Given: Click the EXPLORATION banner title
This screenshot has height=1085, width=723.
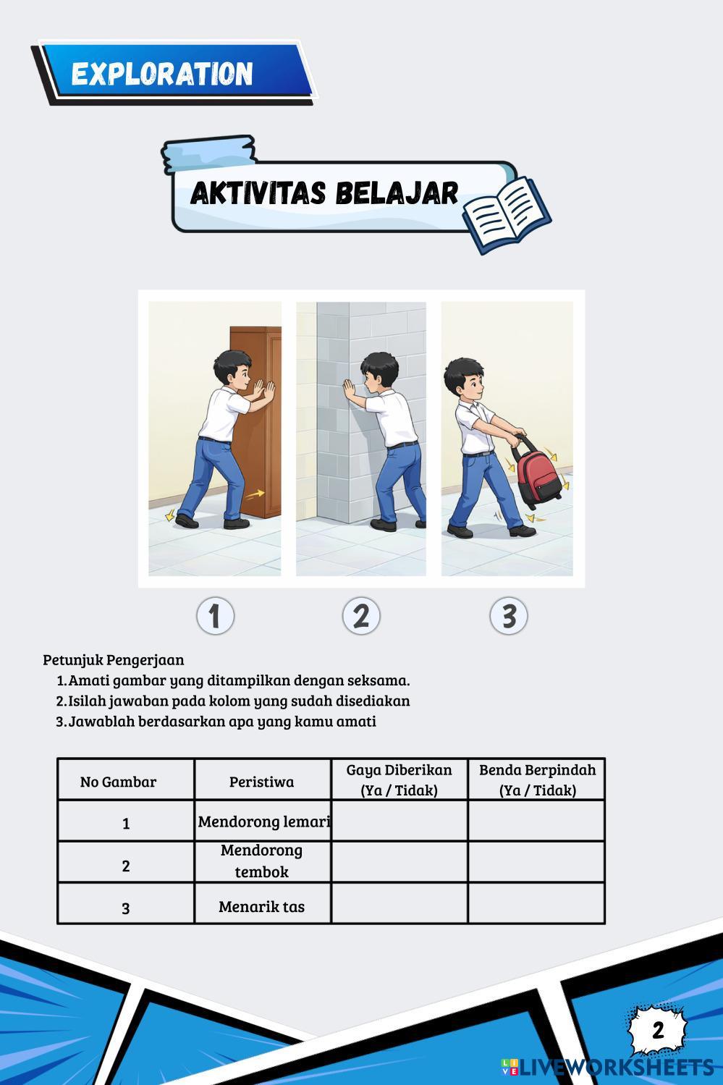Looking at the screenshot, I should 162,73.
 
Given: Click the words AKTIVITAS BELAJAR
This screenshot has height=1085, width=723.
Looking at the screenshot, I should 324,194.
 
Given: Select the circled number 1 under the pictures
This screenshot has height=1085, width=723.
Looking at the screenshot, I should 215,616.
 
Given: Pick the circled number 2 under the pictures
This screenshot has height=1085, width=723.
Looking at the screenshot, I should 361,616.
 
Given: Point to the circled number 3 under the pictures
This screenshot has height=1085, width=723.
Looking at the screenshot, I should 508,616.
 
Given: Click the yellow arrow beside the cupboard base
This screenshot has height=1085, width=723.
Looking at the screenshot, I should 255,495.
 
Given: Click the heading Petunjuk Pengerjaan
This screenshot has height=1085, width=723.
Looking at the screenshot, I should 114,659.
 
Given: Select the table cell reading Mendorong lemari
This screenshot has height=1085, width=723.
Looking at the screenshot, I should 263,822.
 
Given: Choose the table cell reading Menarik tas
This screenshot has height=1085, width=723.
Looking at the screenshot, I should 262,906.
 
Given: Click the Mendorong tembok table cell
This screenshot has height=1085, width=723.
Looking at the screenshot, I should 262,861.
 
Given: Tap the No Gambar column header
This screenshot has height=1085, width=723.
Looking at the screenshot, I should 118,782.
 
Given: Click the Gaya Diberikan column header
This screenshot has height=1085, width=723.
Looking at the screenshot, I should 399,780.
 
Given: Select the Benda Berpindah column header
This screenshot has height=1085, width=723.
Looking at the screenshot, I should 537,780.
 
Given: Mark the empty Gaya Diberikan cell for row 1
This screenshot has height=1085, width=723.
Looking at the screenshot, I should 399,821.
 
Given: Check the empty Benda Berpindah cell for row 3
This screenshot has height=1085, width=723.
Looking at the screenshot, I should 536,903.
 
